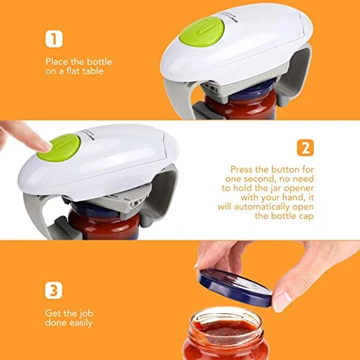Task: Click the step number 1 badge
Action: coord(54,39)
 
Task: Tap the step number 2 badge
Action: coord(305,148)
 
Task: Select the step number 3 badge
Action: coord(53,290)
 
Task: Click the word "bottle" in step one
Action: coord(99,62)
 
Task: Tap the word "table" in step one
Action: coord(93,71)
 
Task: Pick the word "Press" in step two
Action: coord(241,169)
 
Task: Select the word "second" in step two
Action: coord(258,179)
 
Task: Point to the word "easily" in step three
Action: coord(80,323)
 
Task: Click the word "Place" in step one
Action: coord(57,62)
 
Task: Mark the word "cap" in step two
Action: coord(307,217)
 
